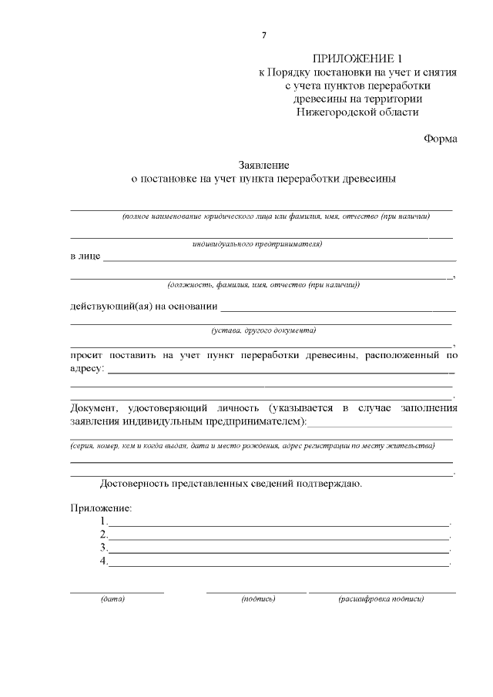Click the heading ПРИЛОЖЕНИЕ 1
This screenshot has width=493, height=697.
357,59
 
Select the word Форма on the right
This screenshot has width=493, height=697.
440,139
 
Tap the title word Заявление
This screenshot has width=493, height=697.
263,166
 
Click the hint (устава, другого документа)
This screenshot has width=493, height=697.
263,330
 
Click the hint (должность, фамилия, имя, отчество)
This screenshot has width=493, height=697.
263,285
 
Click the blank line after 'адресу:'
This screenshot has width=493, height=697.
281,372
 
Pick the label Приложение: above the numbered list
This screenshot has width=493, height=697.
101,508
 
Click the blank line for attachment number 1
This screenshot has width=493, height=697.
278,524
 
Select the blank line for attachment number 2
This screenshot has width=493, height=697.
278,538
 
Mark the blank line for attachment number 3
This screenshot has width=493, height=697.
278,551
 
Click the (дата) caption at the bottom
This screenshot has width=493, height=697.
112,598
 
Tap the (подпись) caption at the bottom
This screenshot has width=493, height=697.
257,598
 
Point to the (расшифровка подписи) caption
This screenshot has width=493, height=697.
381,598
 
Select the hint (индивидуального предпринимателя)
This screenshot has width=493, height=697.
257,244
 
